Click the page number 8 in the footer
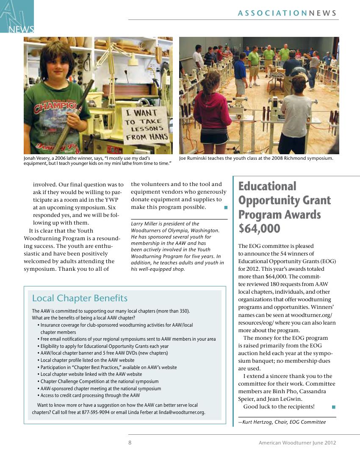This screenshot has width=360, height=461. point(130,443)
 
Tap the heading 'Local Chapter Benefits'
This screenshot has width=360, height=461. point(80,298)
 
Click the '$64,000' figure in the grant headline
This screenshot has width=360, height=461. point(259,229)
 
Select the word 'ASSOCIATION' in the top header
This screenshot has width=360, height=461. point(272,13)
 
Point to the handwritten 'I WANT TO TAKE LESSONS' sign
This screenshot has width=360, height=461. point(145,125)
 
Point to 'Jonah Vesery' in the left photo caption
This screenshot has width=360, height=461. point(37,158)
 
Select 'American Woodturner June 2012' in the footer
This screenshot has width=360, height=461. point(297,443)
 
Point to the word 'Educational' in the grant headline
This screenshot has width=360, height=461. point(267,186)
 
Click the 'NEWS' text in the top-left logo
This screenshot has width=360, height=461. point(20,29)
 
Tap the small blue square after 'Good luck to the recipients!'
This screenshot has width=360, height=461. point(334,407)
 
